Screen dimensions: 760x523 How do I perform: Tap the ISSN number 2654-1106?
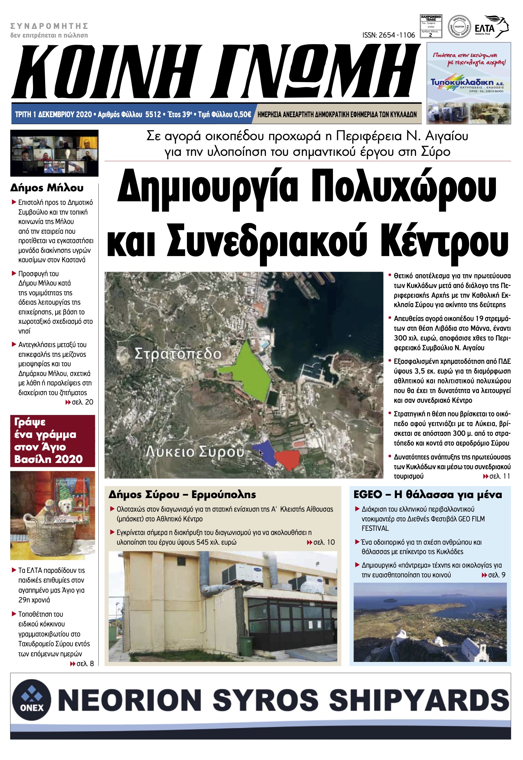389,35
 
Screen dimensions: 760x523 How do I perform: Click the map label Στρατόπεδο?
178,354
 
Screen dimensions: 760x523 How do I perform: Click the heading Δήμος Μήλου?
47,188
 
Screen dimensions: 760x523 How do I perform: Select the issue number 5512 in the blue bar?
153,114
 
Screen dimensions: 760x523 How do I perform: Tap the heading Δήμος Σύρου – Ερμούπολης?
182,494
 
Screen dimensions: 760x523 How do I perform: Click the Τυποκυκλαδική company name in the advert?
462,82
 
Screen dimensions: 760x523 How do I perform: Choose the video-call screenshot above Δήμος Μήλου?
54,153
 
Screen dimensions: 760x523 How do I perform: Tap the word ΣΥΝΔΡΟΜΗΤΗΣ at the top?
49,26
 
